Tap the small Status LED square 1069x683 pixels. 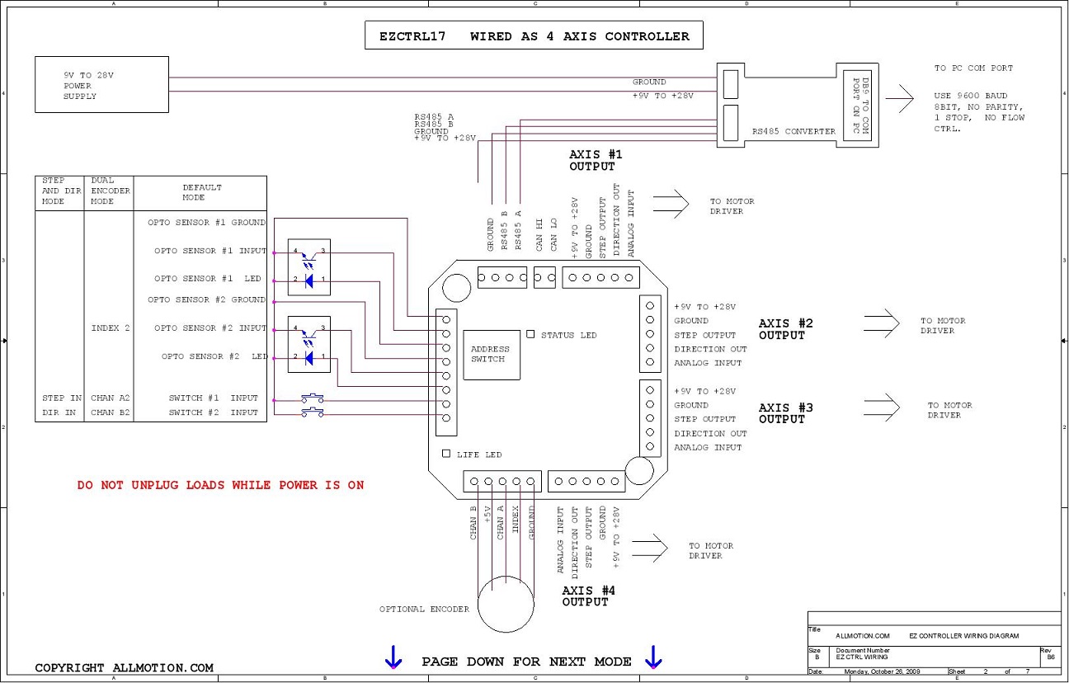(x=530, y=334)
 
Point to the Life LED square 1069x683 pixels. (x=446, y=454)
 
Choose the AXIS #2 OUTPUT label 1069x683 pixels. (x=785, y=329)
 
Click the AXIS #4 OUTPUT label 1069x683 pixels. (x=588, y=596)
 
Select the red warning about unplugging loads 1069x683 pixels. (x=220, y=485)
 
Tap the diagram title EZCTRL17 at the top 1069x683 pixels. (x=412, y=36)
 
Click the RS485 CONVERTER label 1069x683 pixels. (x=794, y=131)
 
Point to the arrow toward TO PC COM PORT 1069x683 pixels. (x=900, y=98)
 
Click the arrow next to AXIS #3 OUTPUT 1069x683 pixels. (x=882, y=407)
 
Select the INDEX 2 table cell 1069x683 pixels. (x=111, y=328)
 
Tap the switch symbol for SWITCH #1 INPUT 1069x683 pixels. (x=312, y=398)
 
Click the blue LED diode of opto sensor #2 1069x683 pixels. (x=308, y=358)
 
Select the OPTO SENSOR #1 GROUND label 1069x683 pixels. (x=206, y=223)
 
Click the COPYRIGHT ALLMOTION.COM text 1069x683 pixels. (x=124, y=667)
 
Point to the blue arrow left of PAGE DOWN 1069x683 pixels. (x=393, y=657)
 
